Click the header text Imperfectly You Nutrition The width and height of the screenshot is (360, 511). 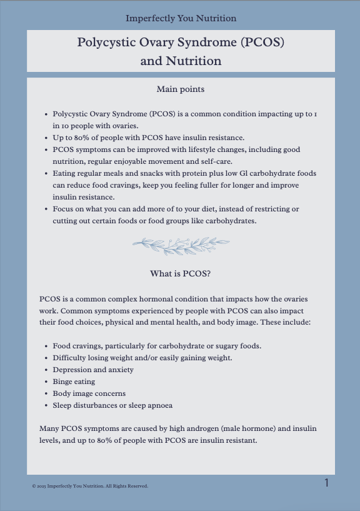pyautogui.click(x=181, y=18)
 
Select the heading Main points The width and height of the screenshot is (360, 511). pyautogui.click(x=181, y=89)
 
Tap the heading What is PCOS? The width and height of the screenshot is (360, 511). pyautogui.click(x=181, y=273)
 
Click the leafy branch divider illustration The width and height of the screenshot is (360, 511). pyautogui.click(x=181, y=245)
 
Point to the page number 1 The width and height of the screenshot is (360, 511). pyautogui.click(x=326, y=483)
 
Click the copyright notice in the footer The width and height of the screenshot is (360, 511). pyautogui.click(x=90, y=486)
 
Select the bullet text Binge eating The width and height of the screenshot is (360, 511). pyautogui.click(x=74, y=382)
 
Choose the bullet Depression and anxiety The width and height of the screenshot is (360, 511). pyautogui.click(x=93, y=370)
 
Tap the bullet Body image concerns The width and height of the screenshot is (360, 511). pyautogui.click(x=89, y=393)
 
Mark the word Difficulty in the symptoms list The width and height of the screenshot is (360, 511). pyautogui.click(x=71, y=358)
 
